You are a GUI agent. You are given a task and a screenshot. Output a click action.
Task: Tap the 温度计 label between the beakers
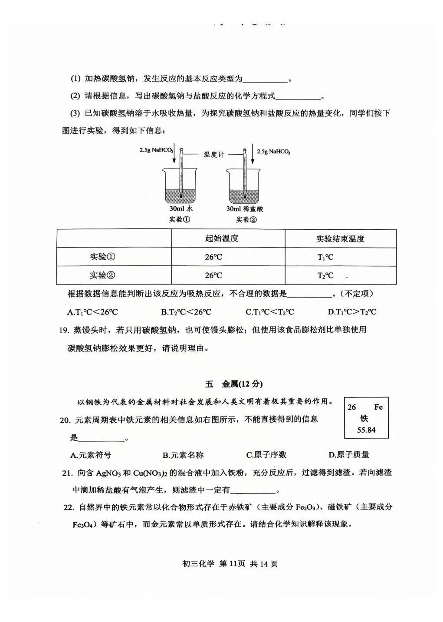coord(213,155)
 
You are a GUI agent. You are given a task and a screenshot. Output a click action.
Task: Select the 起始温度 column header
coord(222,238)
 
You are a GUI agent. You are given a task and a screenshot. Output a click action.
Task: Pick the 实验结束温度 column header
coord(340,238)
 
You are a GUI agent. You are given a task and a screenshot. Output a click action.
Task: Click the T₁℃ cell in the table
coord(325,257)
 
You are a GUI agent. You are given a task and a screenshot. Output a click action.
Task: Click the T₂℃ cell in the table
coord(325,275)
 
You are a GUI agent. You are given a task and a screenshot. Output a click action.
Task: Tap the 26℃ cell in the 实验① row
coord(213,257)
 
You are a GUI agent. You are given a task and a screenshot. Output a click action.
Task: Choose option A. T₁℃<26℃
coord(93,312)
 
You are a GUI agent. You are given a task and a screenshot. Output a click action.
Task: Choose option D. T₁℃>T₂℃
coord(352,312)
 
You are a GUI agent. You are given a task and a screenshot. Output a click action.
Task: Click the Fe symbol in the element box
coord(378,407)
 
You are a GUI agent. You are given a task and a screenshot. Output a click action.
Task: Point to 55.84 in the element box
coord(366,430)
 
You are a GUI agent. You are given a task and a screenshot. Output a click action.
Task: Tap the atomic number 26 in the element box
coord(351,407)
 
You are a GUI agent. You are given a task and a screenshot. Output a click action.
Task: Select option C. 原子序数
coord(266,455)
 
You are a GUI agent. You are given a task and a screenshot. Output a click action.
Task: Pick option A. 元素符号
coord(91,455)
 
